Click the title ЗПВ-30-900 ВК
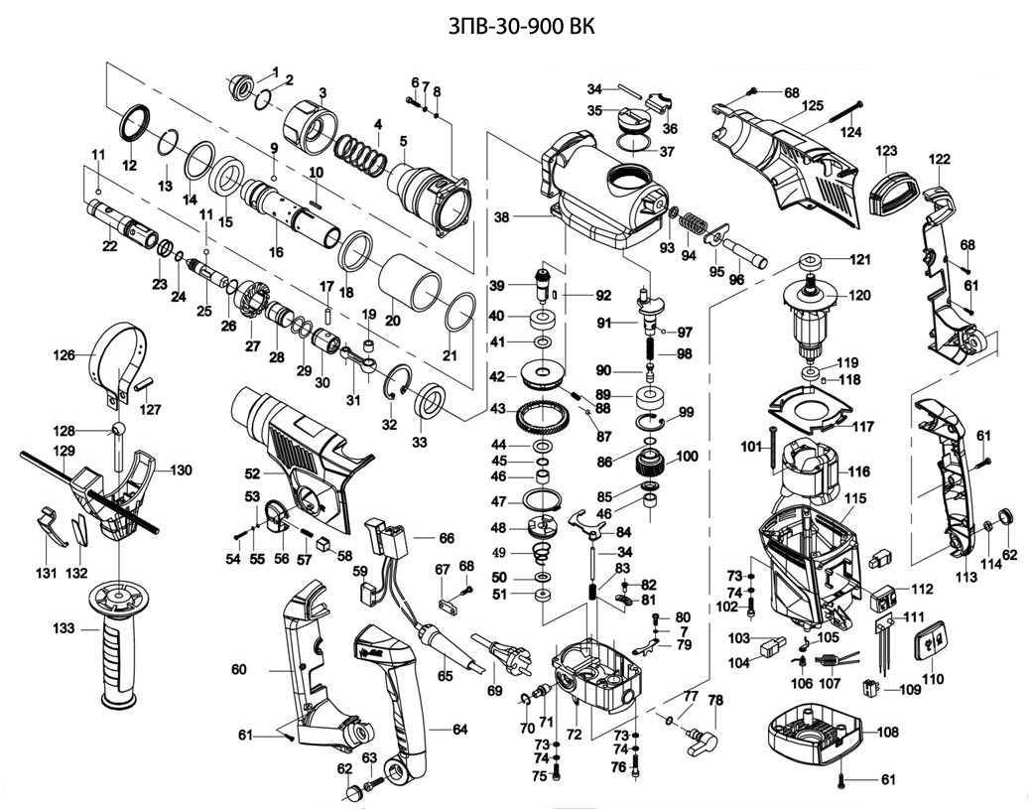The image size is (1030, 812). (521, 26)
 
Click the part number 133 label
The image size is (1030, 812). (64, 628)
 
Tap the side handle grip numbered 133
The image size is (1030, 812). (119, 645)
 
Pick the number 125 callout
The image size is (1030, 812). (813, 106)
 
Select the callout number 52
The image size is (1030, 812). (252, 474)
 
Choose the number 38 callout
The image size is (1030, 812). (502, 216)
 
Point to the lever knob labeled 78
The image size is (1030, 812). (697, 740)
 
